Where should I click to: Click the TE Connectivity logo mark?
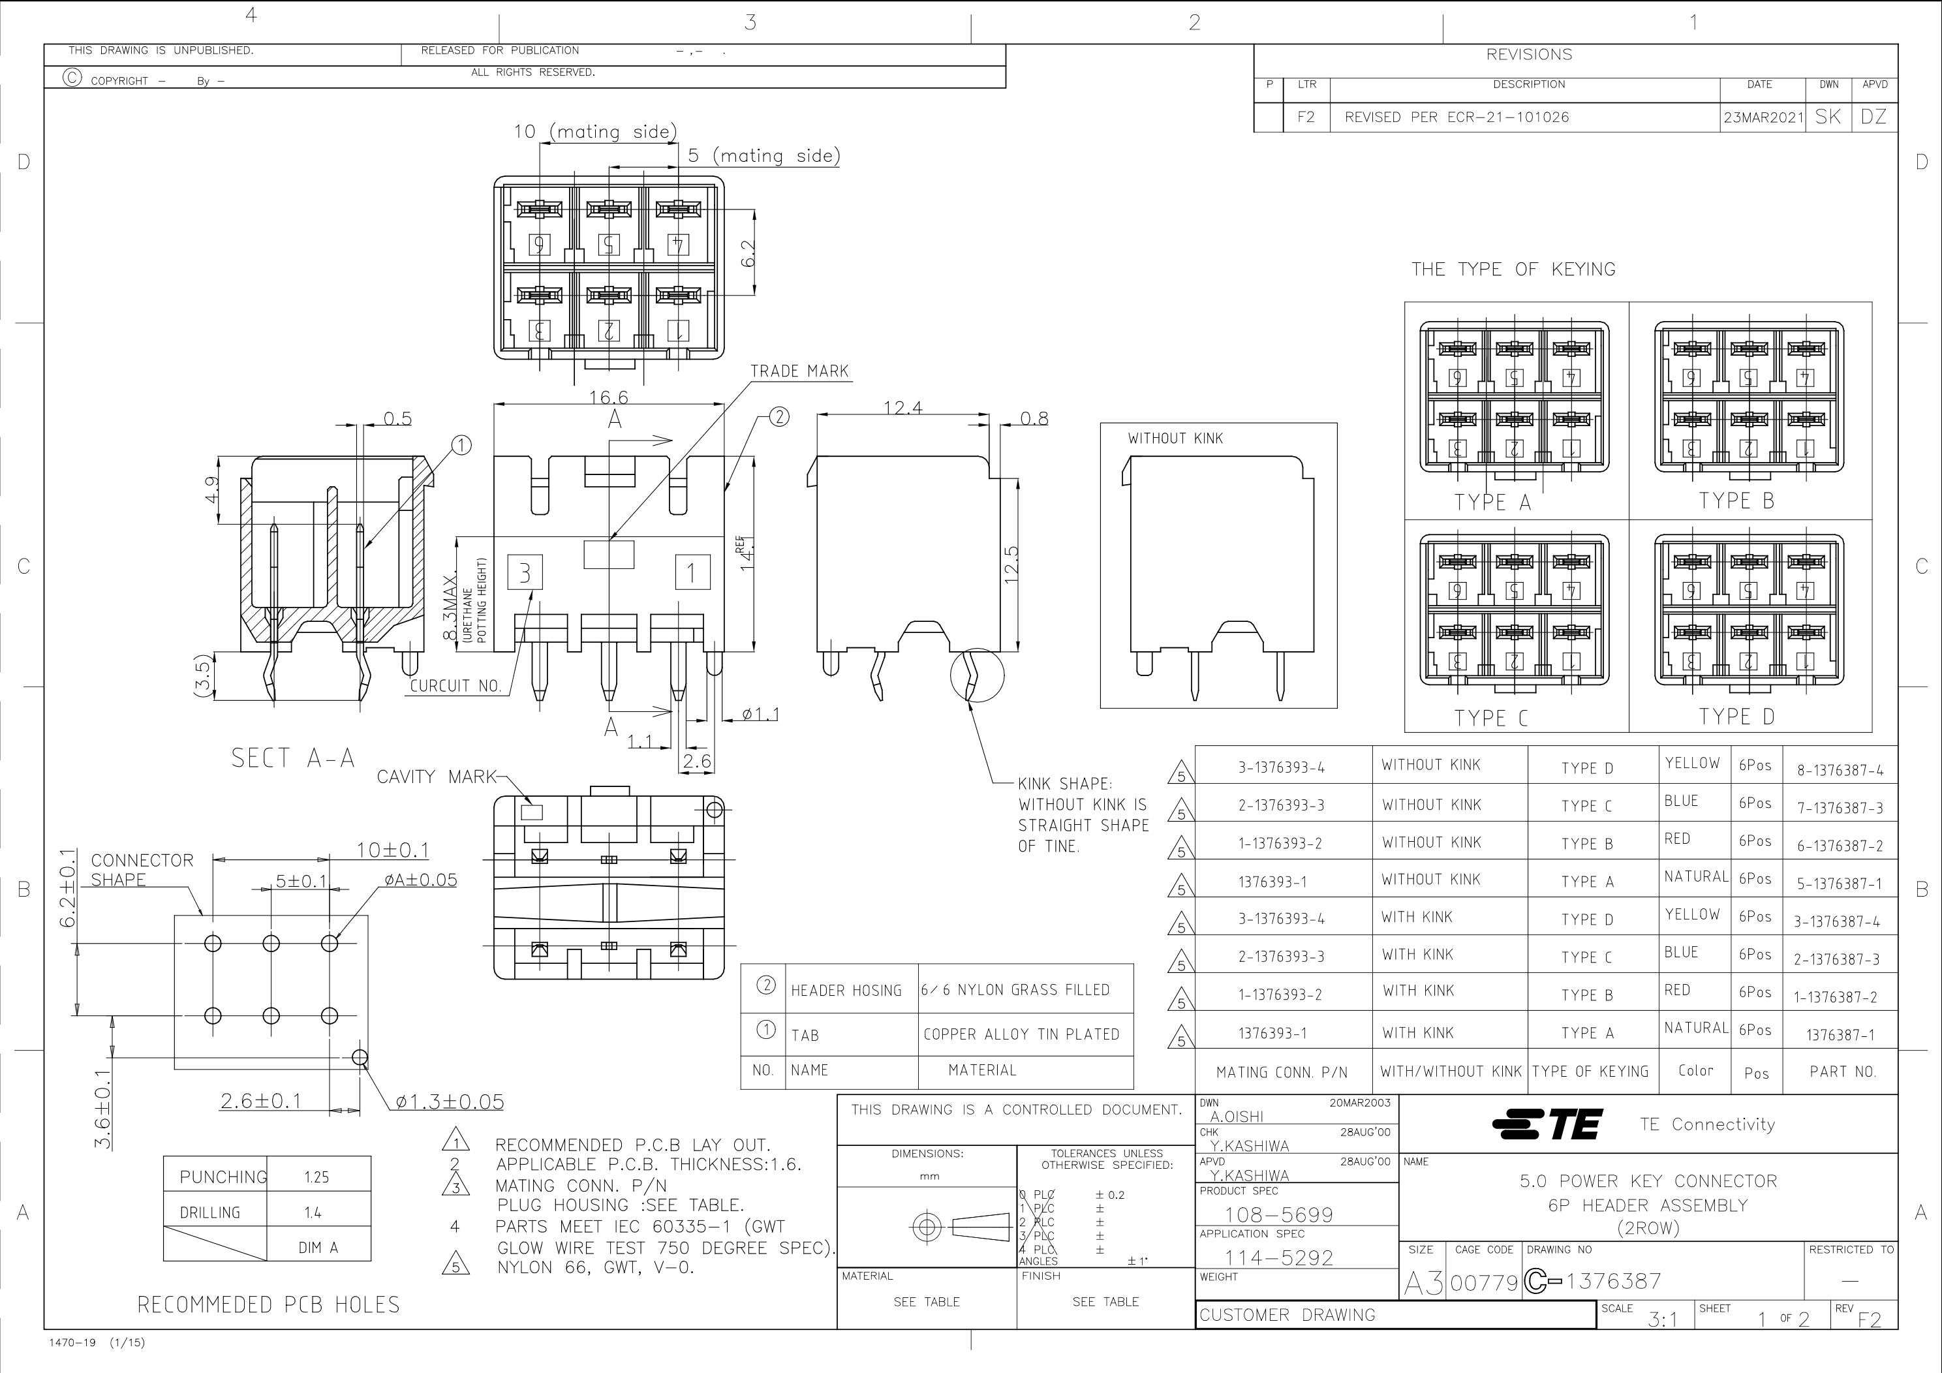(x=1548, y=1124)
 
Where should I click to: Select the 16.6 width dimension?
(x=608, y=397)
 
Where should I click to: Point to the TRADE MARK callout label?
(x=799, y=371)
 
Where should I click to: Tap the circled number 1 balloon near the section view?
(x=461, y=445)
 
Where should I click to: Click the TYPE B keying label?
(x=1736, y=501)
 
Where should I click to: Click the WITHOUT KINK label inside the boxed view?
(x=1175, y=439)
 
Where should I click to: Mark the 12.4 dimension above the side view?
(x=902, y=408)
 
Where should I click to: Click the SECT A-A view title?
(x=292, y=758)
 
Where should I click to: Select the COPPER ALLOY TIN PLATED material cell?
(x=1021, y=1034)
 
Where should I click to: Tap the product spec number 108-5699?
(x=1279, y=1215)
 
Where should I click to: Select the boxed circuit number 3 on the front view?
(x=525, y=573)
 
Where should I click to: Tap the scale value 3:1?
(x=1663, y=1319)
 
